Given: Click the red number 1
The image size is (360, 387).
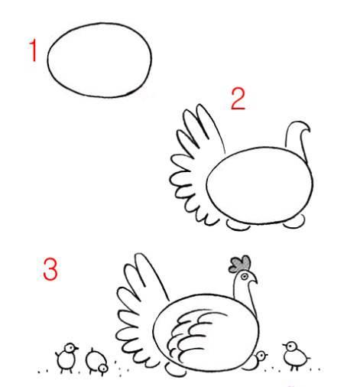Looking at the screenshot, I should (33, 51).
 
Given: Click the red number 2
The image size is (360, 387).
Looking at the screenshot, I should (238, 99).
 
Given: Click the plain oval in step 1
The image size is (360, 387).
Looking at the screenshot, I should (99, 59).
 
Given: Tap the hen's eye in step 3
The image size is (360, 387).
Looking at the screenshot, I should (245, 275).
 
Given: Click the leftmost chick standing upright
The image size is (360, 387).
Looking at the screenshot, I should (66, 355).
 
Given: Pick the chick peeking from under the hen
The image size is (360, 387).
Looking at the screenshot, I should (260, 356).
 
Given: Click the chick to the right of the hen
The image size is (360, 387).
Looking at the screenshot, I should (291, 353).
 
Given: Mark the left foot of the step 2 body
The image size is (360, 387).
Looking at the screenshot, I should (238, 225).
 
